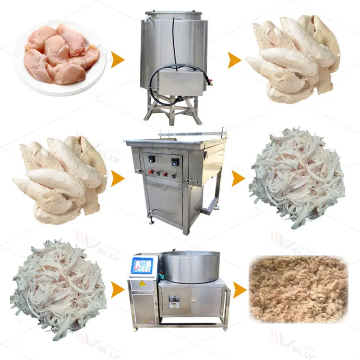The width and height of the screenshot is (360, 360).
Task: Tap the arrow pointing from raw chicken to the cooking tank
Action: pos(118,60)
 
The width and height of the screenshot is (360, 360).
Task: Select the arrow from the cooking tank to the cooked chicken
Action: pos(234,60)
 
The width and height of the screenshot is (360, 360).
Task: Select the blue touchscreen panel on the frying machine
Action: pos(143,265)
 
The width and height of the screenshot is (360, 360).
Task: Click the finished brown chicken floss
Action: pos(298,288)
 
